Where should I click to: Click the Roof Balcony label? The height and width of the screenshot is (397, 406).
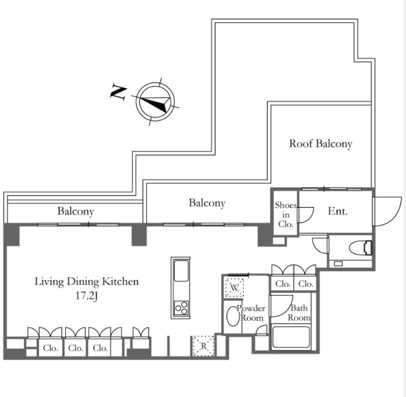[x=321, y=144]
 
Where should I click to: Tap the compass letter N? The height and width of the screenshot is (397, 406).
[x=119, y=92]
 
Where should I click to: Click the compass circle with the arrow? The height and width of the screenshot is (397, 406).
[x=155, y=101]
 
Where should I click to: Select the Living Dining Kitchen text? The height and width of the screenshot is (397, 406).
[x=87, y=281]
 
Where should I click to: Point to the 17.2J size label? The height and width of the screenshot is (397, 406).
[x=87, y=296]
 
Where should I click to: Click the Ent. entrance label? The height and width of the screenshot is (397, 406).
[x=337, y=211]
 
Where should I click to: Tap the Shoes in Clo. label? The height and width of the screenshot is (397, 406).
[x=286, y=214]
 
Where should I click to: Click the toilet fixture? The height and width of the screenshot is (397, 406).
[x=361, y=248]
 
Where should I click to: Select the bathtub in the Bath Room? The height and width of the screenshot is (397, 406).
[x=291, y=337]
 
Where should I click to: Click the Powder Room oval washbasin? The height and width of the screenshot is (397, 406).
[x=233, y=316]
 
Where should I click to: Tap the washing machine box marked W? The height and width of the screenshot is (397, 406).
[x=235, y=288]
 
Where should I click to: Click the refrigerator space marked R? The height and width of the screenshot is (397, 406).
[x=203, y=346]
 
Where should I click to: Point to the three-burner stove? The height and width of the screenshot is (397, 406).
[x=181, y=308]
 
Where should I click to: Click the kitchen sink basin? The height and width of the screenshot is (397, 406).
[x=181, y=271]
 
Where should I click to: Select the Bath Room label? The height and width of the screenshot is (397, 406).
[x=299, y=313]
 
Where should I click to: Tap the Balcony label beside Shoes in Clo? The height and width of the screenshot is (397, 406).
[x=207, y=203]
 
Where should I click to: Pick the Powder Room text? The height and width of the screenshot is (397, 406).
[x=251, y=313]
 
